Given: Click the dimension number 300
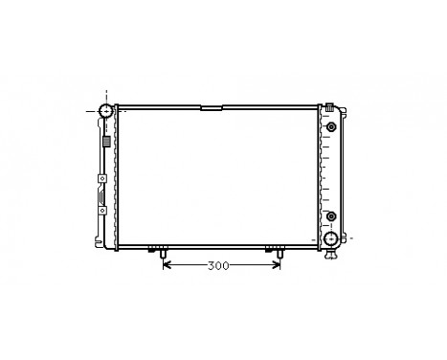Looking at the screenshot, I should [219, 265].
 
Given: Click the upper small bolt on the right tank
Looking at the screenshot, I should [331, 127].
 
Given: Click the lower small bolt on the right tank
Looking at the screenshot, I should [331, 215].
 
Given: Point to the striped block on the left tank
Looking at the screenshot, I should [105, 142].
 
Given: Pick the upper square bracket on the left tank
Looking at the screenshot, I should [101, 180].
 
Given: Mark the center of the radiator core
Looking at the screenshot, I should [220, 177].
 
